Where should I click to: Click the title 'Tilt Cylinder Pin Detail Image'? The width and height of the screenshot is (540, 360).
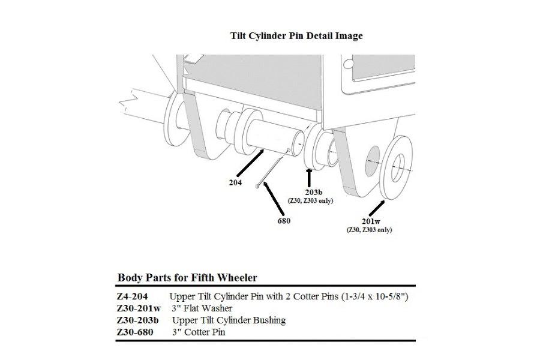click(296, 35)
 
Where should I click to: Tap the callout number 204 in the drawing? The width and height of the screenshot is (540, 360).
click(236, 182)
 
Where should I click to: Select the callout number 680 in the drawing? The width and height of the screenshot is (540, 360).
click(284, 221)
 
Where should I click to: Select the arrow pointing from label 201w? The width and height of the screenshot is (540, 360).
click(377, 208)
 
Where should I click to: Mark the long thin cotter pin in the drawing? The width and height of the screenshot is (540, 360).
click(273, 170)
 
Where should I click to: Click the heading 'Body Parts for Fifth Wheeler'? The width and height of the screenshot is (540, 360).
click(187, 277)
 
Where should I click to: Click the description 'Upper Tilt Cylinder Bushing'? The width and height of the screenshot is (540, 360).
click(229, 320)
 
